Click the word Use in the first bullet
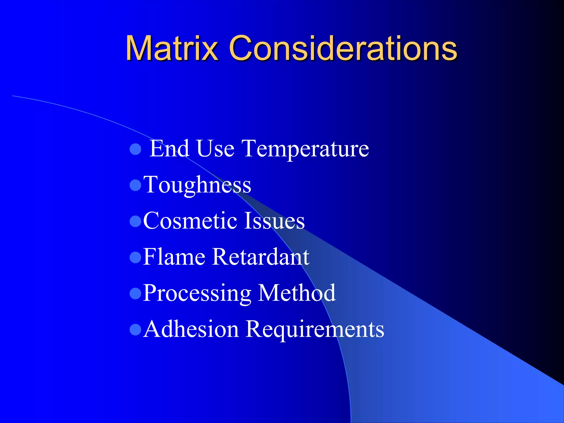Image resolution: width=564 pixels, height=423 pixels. pos(215,149)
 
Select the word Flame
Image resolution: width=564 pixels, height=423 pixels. pos(174,257)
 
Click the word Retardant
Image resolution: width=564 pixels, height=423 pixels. pos(261,257)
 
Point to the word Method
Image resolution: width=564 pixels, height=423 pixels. pos(297,293)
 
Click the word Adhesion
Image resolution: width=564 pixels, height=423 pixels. pos(191,329)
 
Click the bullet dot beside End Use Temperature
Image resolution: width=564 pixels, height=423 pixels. pos(135,149)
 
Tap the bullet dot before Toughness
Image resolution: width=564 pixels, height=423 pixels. pos(135,185)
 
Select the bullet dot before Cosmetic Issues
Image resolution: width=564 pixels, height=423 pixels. pos(135,221)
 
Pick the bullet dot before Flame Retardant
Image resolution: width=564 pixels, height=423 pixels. pos(135,257)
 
